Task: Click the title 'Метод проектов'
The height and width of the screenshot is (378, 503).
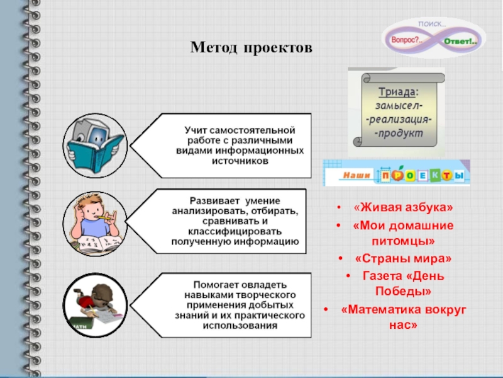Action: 251,48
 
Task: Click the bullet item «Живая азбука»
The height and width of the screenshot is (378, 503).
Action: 402,208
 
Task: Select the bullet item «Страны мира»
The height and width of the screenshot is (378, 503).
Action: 402,259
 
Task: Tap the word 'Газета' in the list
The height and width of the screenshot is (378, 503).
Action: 383,275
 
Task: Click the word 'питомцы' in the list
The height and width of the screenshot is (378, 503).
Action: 402,241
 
